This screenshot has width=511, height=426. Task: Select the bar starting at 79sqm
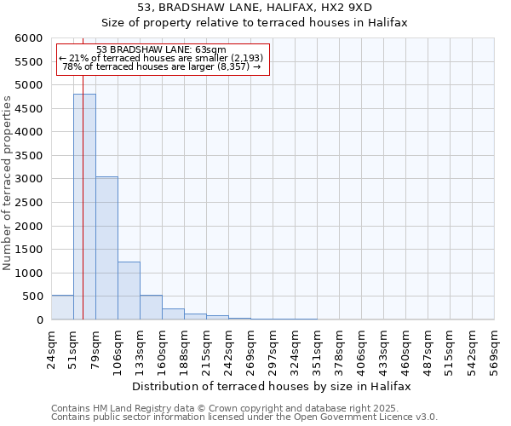(x=106, y=248)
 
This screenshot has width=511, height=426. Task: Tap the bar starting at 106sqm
(x=129, y=291)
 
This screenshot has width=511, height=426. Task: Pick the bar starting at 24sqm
(x=62, y=308)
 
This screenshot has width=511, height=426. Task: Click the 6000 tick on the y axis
(x=29, y=38)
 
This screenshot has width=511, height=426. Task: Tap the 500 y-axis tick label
(x=32, y=296)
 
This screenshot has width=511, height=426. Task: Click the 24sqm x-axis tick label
(x=51, y=345)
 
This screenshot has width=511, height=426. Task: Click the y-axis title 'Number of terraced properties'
(x=8, y=183)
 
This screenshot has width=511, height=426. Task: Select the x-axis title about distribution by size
(x=273, y=386)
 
